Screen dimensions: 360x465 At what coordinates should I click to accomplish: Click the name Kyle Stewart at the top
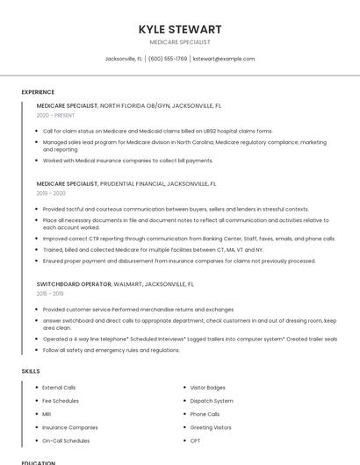pos(180,29)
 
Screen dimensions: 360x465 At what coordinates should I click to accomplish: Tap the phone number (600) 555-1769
pos(168,59)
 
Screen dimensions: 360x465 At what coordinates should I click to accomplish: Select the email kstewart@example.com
pos(224,59)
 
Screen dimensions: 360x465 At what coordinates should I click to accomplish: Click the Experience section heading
pos(38,92)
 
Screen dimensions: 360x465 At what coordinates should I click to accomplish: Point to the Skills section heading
pos(31,371)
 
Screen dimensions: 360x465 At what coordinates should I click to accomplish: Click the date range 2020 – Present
pos(55,115)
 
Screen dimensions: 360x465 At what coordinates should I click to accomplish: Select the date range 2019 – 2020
pos(51,193)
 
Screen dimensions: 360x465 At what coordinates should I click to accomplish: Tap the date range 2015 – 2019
pos(51,294)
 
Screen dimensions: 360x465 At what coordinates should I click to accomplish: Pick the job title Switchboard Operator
pos(74,285)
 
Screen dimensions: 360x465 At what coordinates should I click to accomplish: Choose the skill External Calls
pos(59,387)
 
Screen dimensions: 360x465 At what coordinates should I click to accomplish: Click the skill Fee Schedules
pos(60,401)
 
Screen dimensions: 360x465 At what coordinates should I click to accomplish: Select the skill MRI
pos(47,414)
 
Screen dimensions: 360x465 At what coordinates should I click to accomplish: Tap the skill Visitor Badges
pos(208,387)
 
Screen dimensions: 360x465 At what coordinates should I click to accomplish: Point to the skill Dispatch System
pos(212,401)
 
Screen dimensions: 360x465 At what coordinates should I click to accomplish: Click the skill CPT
pos(195,440)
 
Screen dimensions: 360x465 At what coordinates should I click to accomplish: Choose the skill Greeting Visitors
pos(211,427)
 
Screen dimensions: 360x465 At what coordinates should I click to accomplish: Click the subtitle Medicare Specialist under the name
pos(180,42)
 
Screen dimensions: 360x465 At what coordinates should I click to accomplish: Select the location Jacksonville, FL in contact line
pos(123,59)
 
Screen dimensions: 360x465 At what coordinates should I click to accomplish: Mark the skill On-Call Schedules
pos(66,440)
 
